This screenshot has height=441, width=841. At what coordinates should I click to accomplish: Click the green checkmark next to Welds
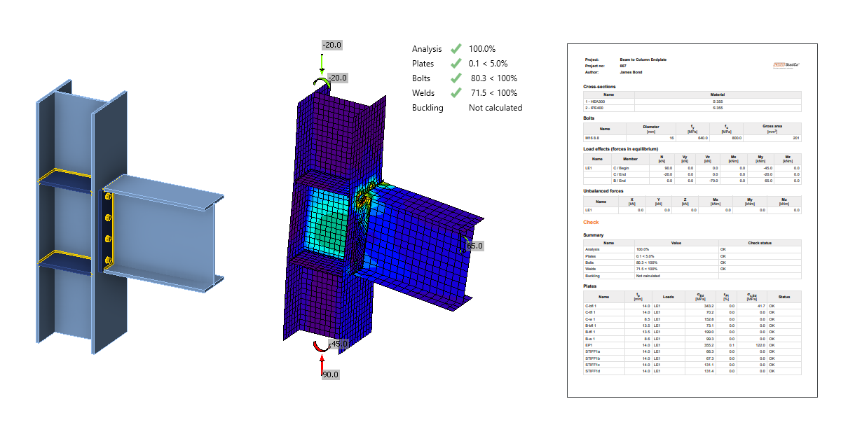(x=456, y=92)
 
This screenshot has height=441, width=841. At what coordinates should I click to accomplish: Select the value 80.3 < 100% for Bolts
(x=494, y=78)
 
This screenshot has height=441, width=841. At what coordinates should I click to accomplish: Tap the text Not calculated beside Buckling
(x=495, y=108)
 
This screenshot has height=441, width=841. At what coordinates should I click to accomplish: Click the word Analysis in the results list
(x=427, y=49)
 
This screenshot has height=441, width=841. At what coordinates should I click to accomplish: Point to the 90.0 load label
(x=330, y=374)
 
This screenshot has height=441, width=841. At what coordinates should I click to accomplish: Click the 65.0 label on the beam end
(x=475, y=246)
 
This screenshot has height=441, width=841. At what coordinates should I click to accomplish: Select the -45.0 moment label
(x=339, y=344)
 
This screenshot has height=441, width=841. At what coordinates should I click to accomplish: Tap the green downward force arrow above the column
(x=322, y=62)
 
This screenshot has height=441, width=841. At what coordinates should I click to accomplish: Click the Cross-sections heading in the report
(x=599, y=87)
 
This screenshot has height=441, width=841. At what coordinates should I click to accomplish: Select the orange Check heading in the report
(x=591, y=223)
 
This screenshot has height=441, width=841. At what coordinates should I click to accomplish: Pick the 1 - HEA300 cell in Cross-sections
(x=595, y=101)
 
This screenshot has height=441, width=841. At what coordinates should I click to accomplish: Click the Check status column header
(x=760, y=243)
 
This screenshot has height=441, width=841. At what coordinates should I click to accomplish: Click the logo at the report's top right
(x=788, y=64)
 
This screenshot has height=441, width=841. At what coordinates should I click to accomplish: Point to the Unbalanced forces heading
(x=603, y=190)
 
